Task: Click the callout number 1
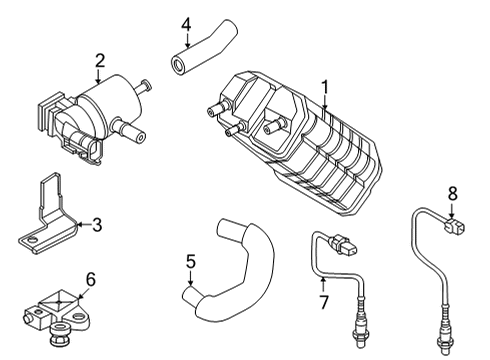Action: [324, 87]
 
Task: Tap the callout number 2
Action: [100, 61]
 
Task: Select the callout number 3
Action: [97, 225]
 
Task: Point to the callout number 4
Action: [186, 25]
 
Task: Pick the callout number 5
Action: [190, 262]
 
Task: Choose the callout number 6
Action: [91, 279]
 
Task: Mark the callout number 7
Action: [324, 302]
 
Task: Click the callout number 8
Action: [452, 193]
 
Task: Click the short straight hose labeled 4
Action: [204, 48]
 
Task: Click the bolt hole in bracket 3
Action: [32, 239]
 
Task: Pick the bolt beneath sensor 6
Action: [59, 333]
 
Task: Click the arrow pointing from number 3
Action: [84, 225]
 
